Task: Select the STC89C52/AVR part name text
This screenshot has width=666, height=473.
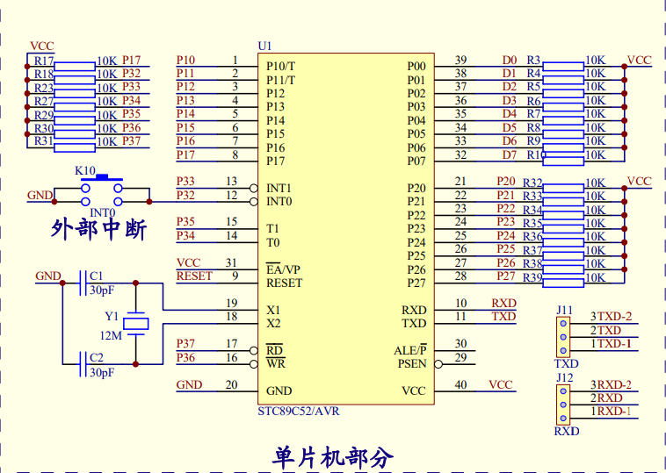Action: [x=298, y=411]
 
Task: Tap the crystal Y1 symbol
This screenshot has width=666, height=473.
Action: [x=135, y=323]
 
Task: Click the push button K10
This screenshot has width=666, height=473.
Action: [x=102, y=187]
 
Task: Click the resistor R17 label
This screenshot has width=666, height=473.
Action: [x=43, y=61]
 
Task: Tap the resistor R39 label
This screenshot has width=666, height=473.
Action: [x=532, y=277]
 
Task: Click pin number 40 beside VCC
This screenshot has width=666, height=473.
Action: [x=460, y=384]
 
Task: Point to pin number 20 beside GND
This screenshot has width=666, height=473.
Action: [x=231, y=384]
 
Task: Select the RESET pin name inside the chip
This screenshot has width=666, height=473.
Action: [x=284, y=283]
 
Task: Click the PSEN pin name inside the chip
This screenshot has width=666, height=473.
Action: [x=411, y=363]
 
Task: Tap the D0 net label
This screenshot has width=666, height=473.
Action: [x=510, y=60]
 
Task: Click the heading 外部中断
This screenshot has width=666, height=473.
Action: [x=98, y=230]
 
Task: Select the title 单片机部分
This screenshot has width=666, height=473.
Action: [x=333, y=457]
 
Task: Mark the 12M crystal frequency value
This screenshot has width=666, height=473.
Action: [x=111, y=336]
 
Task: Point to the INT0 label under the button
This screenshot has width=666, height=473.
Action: [x=102, y=212]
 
